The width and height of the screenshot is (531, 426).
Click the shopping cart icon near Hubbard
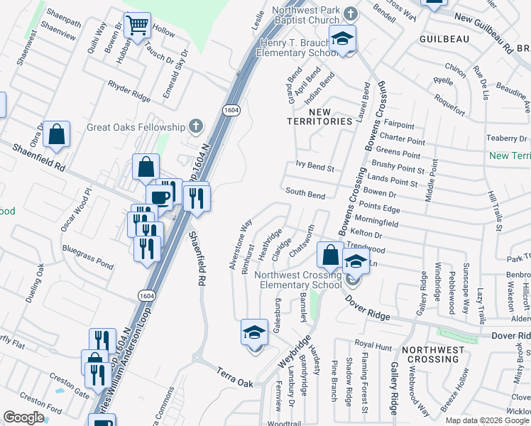pyautogui.click(x=137, y=25)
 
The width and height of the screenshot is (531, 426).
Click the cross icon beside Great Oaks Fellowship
pyautogui.click(x=196, y=127)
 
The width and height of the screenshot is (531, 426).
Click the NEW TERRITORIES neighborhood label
pyautogui.click(x=319, y=116)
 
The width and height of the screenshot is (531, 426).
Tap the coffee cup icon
pyautogui.click(x=159, y=196)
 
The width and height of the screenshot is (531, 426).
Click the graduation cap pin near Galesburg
pyautogui.click(x=254, y=332)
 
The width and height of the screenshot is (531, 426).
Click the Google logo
pyautogui.click(x=23, y=417)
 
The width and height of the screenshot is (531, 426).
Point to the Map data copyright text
pyautogui.click(x=487, y=420)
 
